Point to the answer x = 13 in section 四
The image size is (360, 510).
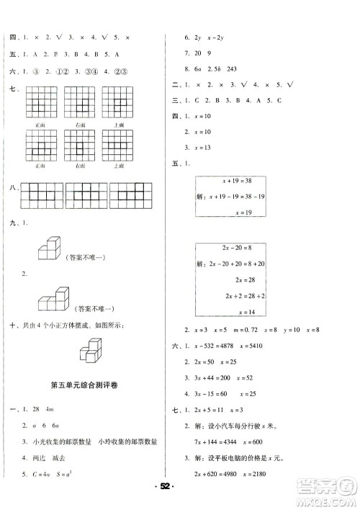pos(196,147)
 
